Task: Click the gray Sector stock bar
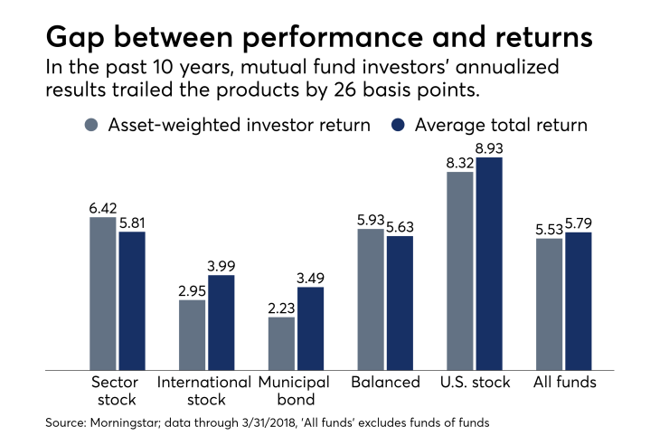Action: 102,293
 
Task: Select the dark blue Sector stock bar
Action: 132,300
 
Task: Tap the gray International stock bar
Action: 192,335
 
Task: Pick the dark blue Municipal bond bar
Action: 310,328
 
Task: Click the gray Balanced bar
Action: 371,299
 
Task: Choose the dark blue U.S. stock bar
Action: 489,263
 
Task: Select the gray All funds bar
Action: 549,304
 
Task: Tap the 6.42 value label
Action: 102,208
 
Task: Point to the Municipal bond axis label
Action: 296,390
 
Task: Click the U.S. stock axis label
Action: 475,382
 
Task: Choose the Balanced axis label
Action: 386,382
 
